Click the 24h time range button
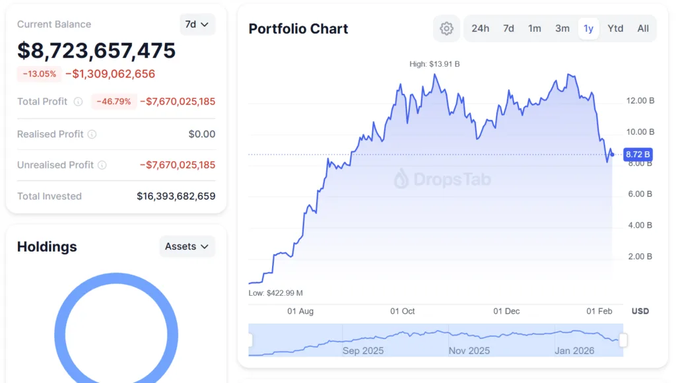click(x=480, y=28)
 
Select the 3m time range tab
click(x=562, y=28)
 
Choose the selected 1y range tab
click(x=588, y=28)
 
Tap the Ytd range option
click(x=615, y=28)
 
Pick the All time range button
click(x=643, y=28)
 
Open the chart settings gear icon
click(x=447, y=28)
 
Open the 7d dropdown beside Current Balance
click(x=197, y=24)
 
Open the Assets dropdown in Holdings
click(x=187, y=246)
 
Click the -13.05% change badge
click(x=40, y=74)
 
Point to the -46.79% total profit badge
click(x=114, y=102)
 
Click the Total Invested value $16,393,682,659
click(x=176, y=196)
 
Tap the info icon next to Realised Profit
click(x=92, y=134)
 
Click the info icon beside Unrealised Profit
click(x=102, y=165)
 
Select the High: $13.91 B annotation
click(x=434, y=64)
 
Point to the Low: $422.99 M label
click(x=275, y=293)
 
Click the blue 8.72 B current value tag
click(x=637, y=155)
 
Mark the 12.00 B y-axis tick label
click(x=640, y=101)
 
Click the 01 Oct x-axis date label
click(x=402, y=311)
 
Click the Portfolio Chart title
click(x=298, y=29)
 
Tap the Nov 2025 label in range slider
click(x=469, y=351)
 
